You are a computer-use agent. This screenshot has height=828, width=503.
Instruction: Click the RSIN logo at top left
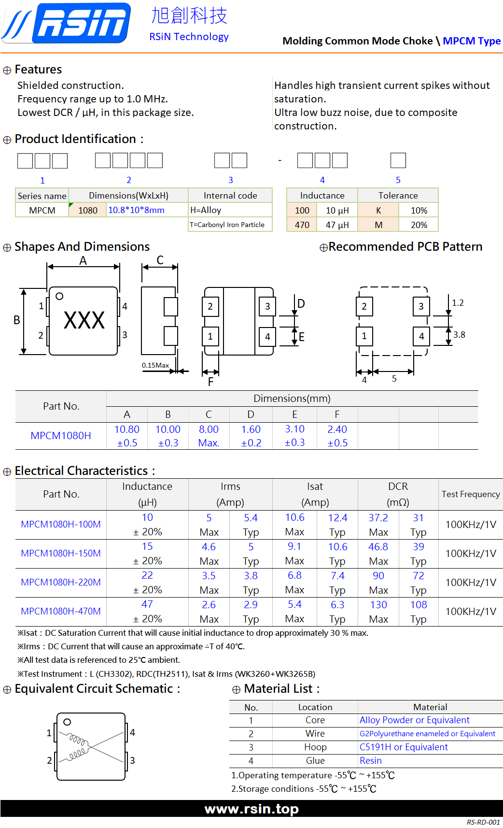(x=67, y=23)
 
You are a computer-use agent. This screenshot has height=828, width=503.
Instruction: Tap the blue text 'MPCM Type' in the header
(x=472, y=41)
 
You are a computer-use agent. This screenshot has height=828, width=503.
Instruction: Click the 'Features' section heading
(x=38, y=70)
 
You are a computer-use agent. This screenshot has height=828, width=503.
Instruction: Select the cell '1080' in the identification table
(x=88, y=210)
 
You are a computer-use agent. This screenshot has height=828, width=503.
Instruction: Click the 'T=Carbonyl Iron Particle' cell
(x=227, y=225)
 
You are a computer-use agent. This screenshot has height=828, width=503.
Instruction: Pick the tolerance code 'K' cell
(x=378, y=210)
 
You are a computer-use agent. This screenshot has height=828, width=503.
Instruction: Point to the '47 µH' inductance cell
(x=337, y=225)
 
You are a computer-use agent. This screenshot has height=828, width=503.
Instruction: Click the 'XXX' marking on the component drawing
(x=84, y=320)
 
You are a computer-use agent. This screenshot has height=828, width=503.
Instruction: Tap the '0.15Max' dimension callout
(x=155, y=365)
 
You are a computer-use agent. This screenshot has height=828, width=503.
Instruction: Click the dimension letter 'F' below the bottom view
(x=210, y=382)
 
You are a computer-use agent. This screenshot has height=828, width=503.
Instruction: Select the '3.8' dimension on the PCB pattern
(x=459, y=334)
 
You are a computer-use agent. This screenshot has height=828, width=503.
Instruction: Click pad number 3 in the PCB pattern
(x=421, y=306)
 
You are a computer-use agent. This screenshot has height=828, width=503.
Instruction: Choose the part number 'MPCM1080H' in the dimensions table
(x=61, y=435)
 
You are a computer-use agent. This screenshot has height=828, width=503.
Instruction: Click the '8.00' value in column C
(x=209, y=429)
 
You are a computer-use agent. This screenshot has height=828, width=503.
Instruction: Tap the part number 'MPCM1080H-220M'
(x=61, y=582)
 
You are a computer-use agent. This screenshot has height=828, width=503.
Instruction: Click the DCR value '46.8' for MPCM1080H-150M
(x=378, y=547)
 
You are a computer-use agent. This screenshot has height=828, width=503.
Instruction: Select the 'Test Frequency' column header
(x=471, y=494)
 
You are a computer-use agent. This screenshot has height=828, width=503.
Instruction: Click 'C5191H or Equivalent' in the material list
(x=404, y=747)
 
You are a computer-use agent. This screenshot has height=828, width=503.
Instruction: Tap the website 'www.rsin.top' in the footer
(x=251, y=809)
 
